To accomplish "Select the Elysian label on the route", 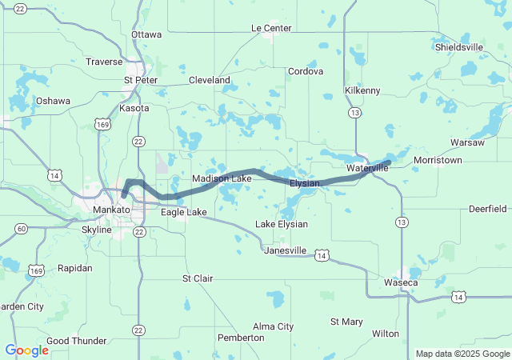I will click(305, 184).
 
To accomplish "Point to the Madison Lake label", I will click(222, 178).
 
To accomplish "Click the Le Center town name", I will click(271, 28).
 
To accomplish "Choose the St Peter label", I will click(140, 80).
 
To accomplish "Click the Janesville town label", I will click(286, 250).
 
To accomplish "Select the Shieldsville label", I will click(459, 47).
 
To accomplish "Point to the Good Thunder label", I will click(77, 341).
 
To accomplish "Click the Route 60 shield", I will click(22, 230).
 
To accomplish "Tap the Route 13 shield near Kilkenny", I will click(354, 114).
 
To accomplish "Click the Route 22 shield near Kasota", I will click(139, 141).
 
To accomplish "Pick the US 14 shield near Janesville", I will click(321, 255).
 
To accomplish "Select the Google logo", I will click(26, 350).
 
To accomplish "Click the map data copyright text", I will click(462, 354).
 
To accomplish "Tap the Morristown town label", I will click(438, 161).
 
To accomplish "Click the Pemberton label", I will click(241, 338).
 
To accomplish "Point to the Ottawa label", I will click(146, 34).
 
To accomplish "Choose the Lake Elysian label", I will click(281, 223).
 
